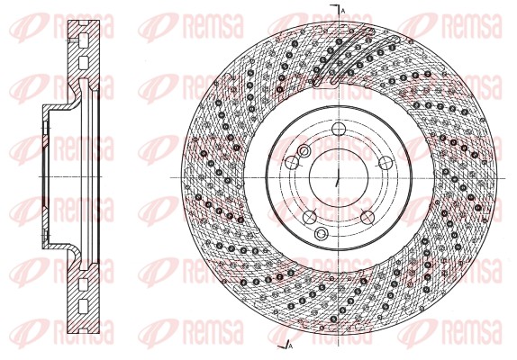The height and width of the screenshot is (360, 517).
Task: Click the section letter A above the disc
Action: click(x=343, y=8)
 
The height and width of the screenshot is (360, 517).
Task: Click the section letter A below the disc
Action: click(x=291, y=345)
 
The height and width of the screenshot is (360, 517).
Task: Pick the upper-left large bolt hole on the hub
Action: click(x=292, y=162)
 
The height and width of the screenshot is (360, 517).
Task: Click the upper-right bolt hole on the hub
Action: click(x=385, y=162)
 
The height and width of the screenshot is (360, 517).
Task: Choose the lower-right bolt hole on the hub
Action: click(x=366, y=217)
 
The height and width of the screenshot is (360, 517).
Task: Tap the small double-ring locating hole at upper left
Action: click(x=304, y=150)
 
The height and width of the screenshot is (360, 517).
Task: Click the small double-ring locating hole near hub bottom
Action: click(x=322, y=234)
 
